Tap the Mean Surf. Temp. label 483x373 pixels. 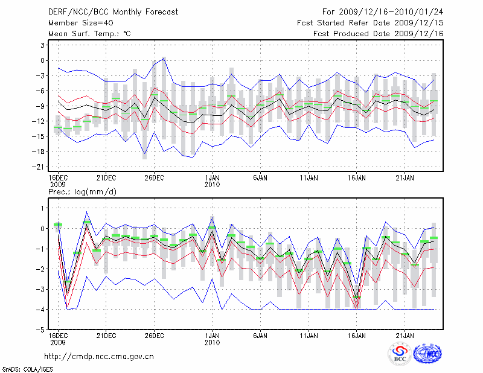click(x=89, y=34)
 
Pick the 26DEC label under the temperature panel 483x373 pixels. click(x=154, y=178)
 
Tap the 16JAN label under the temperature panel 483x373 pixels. click(x=357, y=178)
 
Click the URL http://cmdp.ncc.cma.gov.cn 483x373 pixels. click(x=99, y=356)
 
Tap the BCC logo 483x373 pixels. click(x=400, y=354)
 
